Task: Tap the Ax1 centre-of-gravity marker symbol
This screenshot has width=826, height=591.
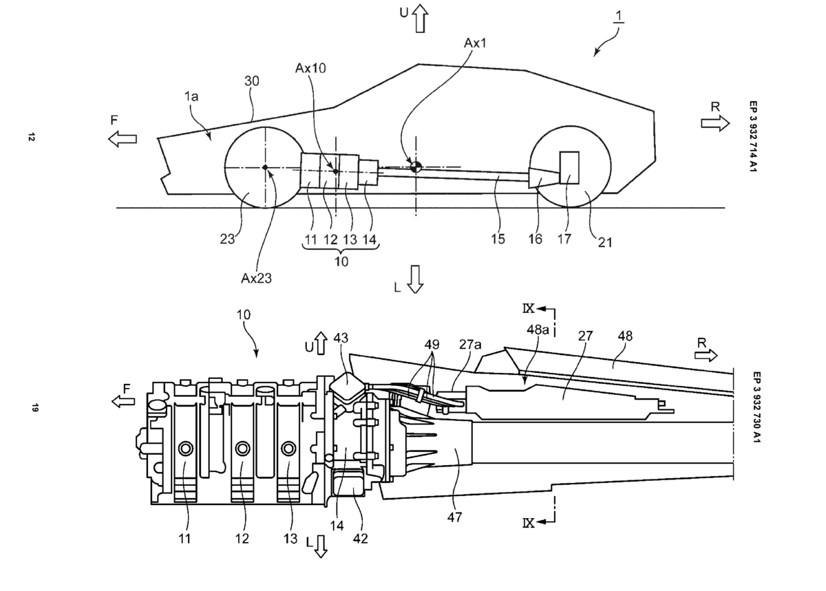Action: coord(415,166)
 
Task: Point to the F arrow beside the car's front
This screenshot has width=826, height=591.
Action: coord(123,139)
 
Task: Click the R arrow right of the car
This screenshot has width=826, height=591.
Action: coord(716,122)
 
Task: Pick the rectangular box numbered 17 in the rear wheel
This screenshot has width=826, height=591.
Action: coord(571,167)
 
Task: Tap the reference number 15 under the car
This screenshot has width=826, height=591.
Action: coord(498,239)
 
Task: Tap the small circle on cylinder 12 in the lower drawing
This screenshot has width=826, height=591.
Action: coord(242,449)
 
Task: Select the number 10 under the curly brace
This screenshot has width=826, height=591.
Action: coord(341,262)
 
